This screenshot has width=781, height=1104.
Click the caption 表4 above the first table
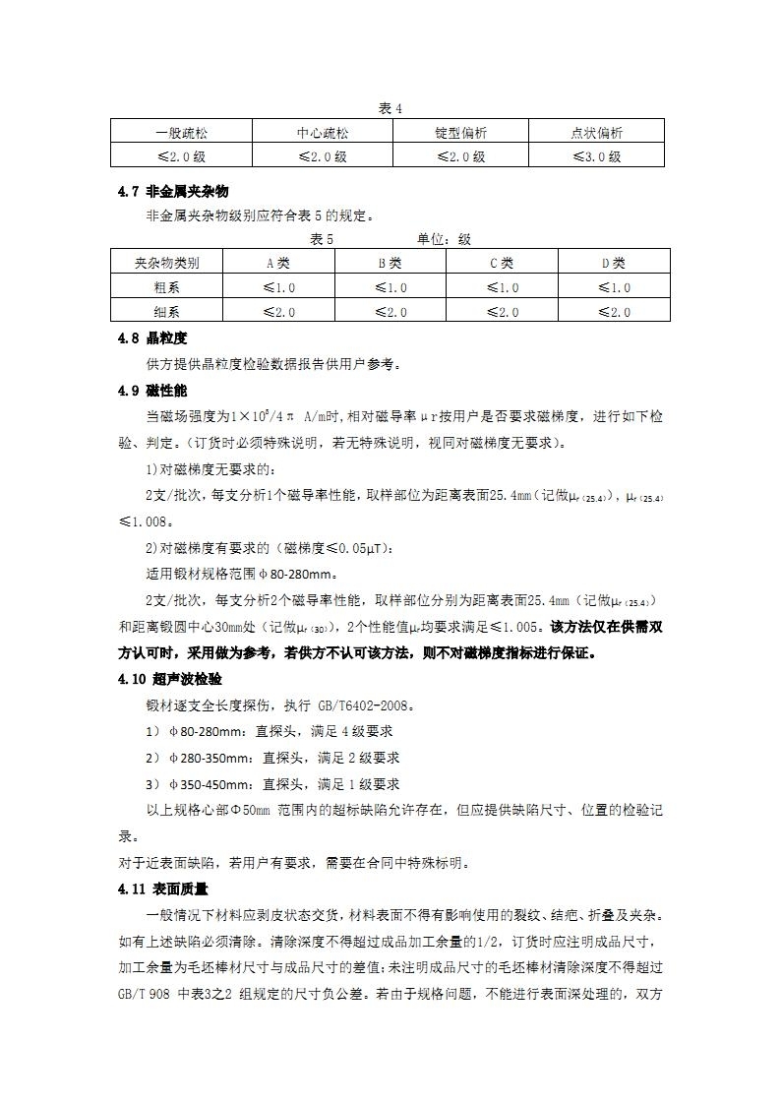[x=390, y=107]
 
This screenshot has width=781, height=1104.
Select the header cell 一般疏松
[x=182, y=133]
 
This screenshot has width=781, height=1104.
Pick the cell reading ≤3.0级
[x=597, y=156]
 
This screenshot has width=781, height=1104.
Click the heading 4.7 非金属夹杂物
[x=173, y=191]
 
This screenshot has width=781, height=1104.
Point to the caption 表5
[x=322, y=239]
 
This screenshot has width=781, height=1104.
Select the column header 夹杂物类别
[x=167, y=263]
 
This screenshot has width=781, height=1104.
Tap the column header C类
[x=502, y=263]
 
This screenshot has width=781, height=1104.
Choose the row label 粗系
[x=167, y=287]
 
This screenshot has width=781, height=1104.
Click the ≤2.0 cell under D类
[x=614, y=312]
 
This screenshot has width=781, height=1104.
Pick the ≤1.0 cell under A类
[x=279, y=287]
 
